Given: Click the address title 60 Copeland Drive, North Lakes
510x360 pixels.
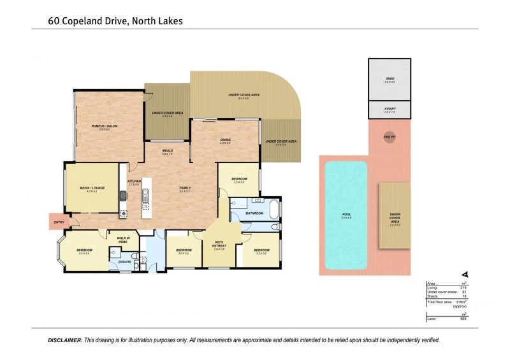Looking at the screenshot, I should (x=115, y=21).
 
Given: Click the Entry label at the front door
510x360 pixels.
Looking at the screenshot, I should (x=59, y=222).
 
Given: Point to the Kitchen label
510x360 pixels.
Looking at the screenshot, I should (x=134, y=182).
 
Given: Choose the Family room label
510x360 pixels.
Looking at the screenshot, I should (x=185, y=188).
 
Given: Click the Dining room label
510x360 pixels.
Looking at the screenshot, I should (x=225, y=140).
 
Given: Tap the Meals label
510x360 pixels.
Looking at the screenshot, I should (x=167, y=151).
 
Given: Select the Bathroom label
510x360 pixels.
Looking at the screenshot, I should (x=254, y=213).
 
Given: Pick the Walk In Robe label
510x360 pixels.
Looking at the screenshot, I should (x=123, y=240).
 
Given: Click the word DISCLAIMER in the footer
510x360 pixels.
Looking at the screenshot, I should (x=65, y=340).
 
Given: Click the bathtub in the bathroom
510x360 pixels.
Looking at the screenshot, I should (x=273, y=208).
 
